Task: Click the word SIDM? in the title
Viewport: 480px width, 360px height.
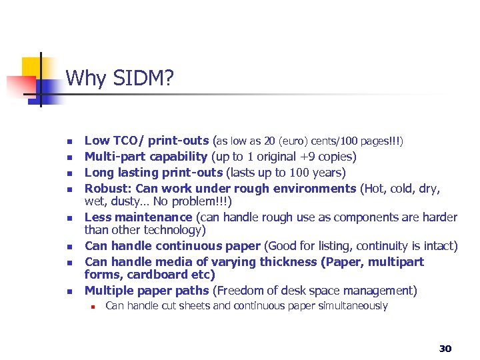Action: (x=143, y=79)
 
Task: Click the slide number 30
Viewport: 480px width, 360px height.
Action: (x=445, y=348)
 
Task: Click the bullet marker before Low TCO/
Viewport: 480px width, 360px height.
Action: (x=68, y=142)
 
